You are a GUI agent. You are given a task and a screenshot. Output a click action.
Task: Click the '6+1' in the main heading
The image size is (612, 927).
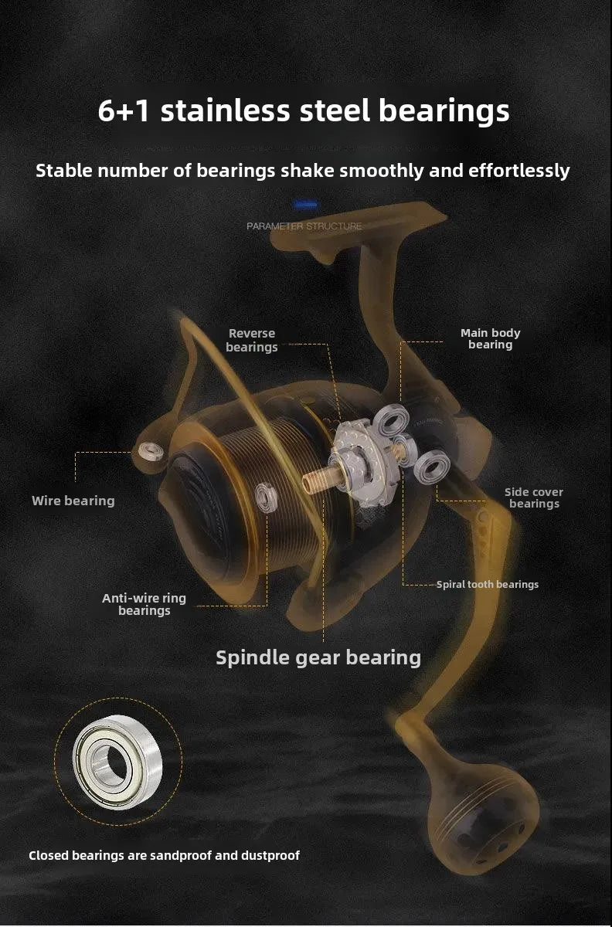pos(124,111)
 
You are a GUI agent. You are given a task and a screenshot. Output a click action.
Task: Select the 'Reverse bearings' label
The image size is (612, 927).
pos(252,340)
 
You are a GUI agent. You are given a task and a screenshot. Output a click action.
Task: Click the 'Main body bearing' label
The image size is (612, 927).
pos(490,338)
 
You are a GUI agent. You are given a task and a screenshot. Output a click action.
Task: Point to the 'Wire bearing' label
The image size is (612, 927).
pos(73,501)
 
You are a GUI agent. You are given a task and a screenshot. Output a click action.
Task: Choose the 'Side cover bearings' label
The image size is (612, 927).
pos(534,497)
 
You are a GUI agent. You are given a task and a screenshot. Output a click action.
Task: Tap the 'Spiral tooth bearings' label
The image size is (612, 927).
pos(488,584)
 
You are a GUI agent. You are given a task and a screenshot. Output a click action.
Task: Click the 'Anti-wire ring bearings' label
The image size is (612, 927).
pos(144,604)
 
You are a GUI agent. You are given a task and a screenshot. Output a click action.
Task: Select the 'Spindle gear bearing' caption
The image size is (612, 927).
pos(318,658)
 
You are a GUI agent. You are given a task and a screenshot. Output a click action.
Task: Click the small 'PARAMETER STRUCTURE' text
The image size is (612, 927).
pos(304,226)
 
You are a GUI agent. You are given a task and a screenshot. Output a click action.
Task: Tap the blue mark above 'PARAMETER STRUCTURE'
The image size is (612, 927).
pos(305,205)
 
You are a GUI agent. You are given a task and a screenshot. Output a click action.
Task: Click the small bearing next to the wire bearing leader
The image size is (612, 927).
pos(151,451)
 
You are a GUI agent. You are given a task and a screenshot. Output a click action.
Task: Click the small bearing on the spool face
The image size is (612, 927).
pos(266,497)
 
